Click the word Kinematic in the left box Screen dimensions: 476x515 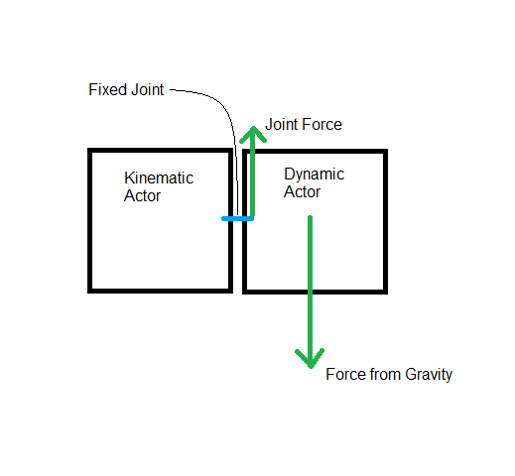point(158,178)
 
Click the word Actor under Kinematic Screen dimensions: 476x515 point(142,195)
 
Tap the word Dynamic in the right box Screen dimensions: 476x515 point(314,175)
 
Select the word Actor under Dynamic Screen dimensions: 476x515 point(302,191)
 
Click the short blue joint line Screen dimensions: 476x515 point(236,218)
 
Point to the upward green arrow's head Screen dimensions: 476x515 point(253,130)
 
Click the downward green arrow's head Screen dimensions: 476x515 point(311,358)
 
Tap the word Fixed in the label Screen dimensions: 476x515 point(105,90)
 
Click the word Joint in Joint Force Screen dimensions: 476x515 point(282,125)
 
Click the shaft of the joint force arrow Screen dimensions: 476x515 point(253,178)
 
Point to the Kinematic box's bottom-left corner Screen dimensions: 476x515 point(90,290)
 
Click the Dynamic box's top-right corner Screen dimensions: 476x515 point(384,153)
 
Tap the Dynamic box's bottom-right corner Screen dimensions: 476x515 point(384,291)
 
